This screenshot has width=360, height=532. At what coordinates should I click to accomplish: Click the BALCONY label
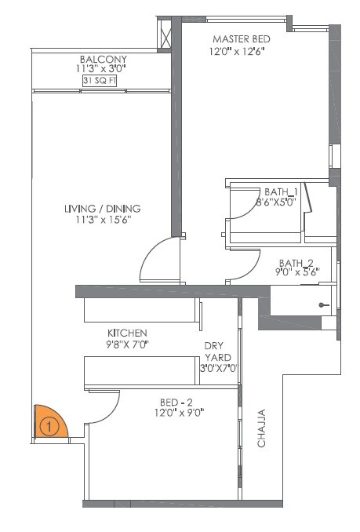[x=103, y=60]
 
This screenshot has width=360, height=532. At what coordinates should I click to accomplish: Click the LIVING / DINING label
[x=102, y=209]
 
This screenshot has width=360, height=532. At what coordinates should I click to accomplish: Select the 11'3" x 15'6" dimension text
[x=102, y=220]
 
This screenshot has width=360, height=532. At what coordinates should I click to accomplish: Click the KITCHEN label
[x=128, y=333]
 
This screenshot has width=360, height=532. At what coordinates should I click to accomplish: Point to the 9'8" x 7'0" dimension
[x=128, y=344]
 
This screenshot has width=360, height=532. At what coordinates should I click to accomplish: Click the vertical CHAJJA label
[x=261, y=428]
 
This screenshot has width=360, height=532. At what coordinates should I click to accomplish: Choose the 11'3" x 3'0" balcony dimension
[x=103, y=70]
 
